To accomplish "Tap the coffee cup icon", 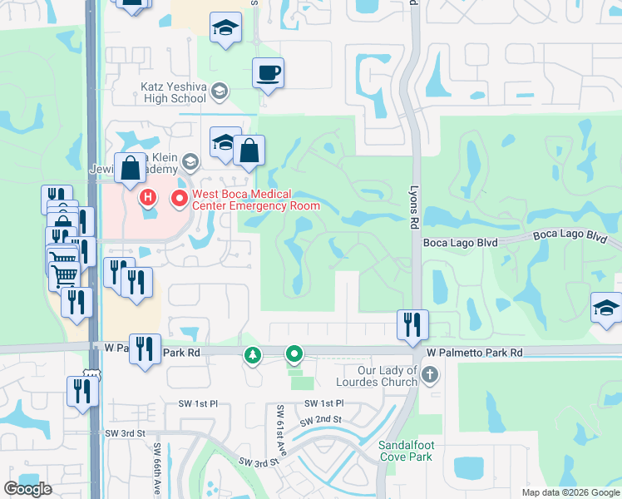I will pyautogui.click(x=268, y=73).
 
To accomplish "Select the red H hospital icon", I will pyautogui.click(x=148, y=197).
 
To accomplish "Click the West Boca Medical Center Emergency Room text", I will pyautogui.click(x=244, y=200).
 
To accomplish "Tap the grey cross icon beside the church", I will pyautogui.click(x=429, y=375).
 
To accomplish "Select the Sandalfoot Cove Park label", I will pyautogui.click(x=407, y=451).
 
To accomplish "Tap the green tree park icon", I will pyautogui.click(x=252, y=356).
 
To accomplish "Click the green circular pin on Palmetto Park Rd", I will pyautogui.click(x=294, y=355).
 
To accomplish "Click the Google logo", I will pyautogui.click(x=28, y=489).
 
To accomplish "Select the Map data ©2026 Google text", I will pyautogui.click(x=570, y=492).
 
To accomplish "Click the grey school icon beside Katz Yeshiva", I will pyautogui.click(x=220, y=91).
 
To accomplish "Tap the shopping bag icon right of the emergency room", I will pyautogui.click(x=249, y=151).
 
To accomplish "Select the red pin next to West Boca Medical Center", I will pyautogui.click(x=178, y=199).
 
